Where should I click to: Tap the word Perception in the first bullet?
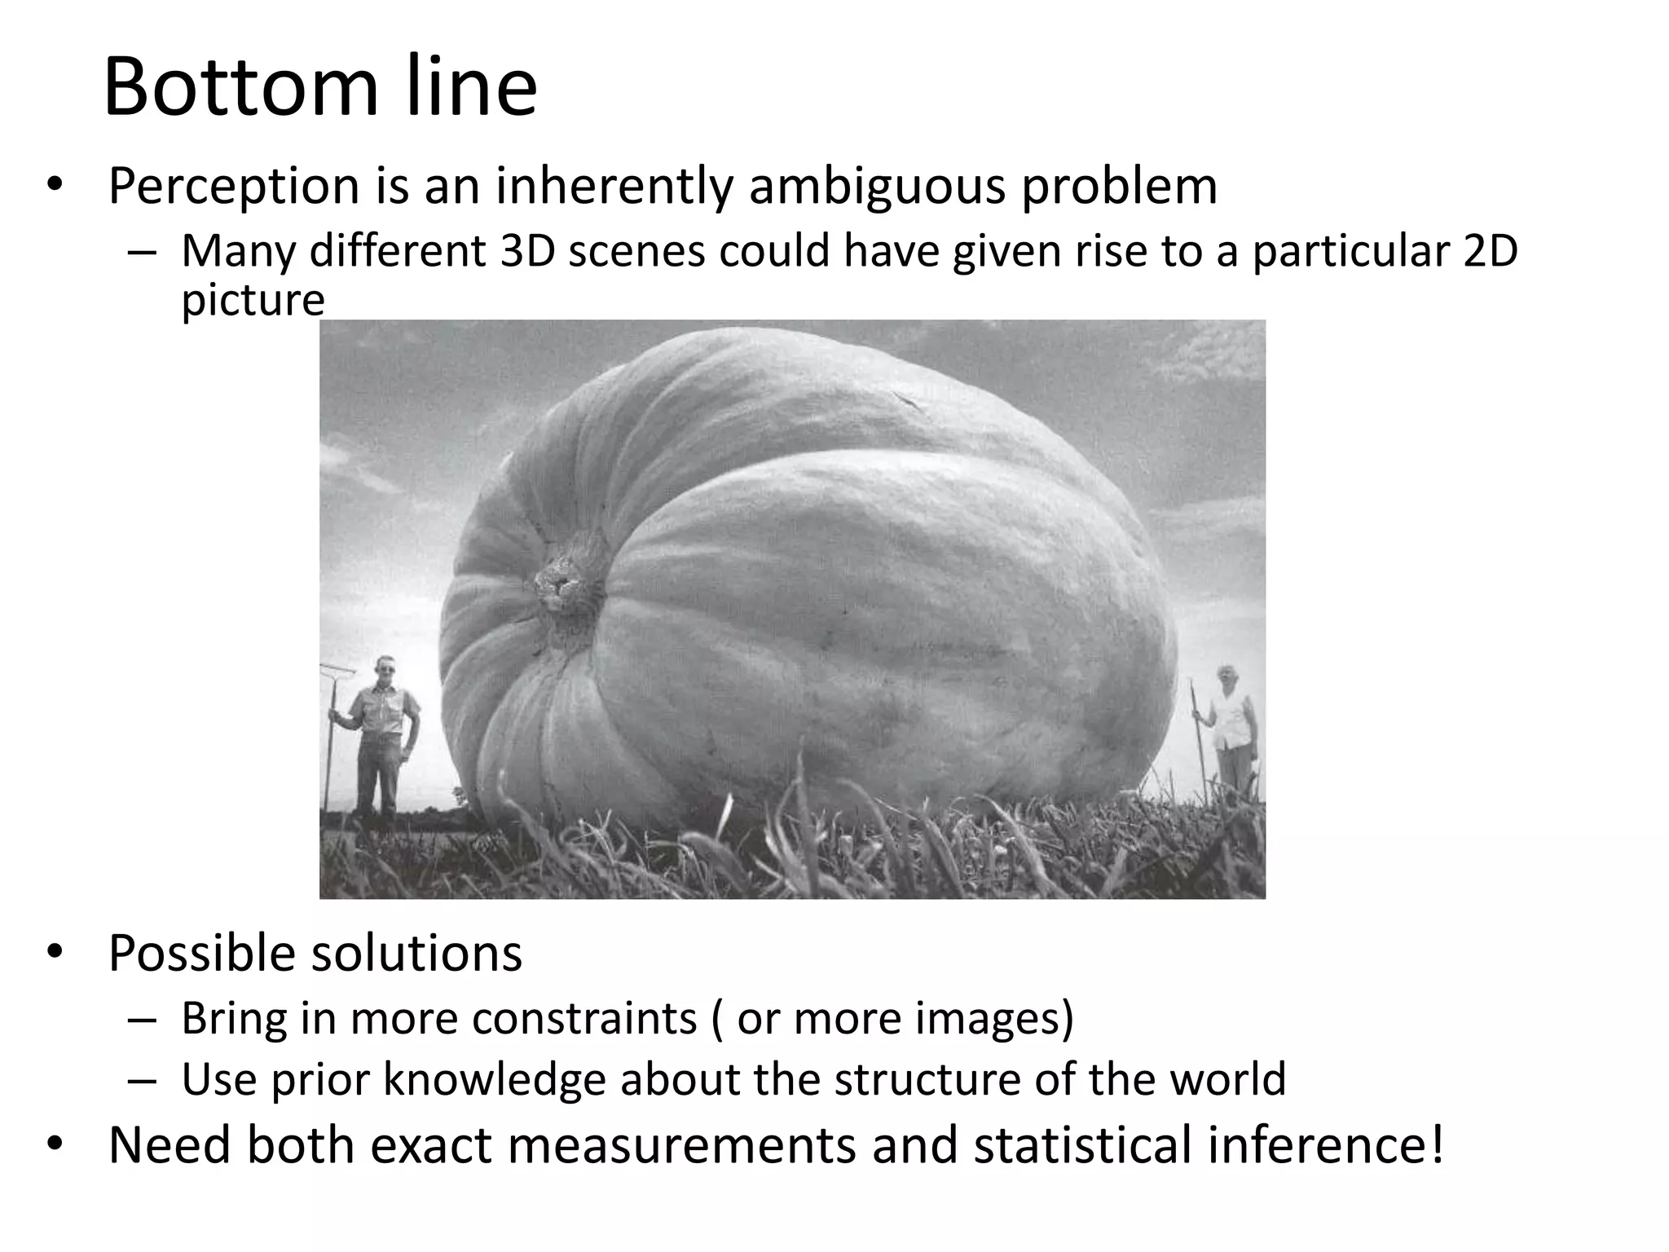click(x=234, y=187)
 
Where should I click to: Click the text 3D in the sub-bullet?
click(x=527, y=250)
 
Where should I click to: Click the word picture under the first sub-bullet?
click(x=253, y=300)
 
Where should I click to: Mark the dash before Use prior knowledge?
click(x=141, y=1081)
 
